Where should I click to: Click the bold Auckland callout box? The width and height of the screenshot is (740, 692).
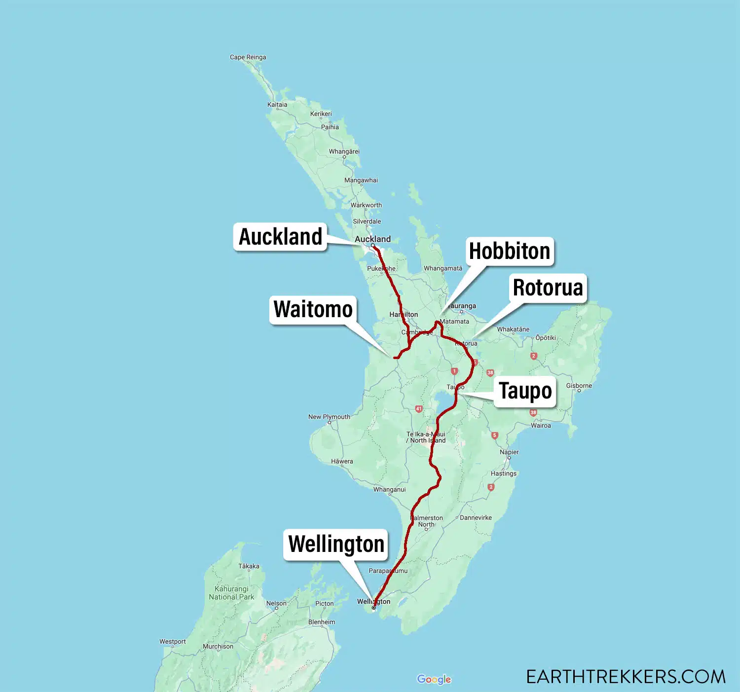pos(280,237)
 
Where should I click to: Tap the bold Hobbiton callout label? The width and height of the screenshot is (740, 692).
pos(509,251)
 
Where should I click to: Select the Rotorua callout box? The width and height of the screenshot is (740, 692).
pos(548,288)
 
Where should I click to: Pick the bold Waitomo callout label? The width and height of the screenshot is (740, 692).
pos(313,310)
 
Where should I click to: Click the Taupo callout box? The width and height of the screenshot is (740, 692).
pos(525,391)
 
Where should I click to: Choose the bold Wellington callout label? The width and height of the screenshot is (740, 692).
pos(336,545)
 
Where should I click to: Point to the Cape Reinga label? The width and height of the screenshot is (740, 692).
pos(248,57)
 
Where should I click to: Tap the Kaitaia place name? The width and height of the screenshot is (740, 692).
pos(277,105)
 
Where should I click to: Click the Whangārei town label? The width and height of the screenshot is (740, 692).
pos(344,151)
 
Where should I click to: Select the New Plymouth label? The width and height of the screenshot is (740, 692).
pos(329,417)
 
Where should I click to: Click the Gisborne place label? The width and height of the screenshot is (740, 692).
pos(579,386)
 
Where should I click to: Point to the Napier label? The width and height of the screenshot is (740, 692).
pos(509,452)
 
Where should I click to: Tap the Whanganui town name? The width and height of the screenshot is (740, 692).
pos(389,490)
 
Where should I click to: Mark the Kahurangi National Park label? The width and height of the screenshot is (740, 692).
pos(231,593)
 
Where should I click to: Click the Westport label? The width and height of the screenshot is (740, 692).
pos(173,642)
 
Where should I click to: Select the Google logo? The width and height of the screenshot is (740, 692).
pos(434,679)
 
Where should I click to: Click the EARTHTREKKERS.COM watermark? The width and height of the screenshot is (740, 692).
pos(626,677)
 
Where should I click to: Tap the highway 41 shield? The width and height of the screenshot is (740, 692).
pos(418,409)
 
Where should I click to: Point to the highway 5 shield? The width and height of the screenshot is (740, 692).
pos(494,436)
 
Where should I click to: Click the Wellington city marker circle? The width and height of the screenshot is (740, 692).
pos(373,608)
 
